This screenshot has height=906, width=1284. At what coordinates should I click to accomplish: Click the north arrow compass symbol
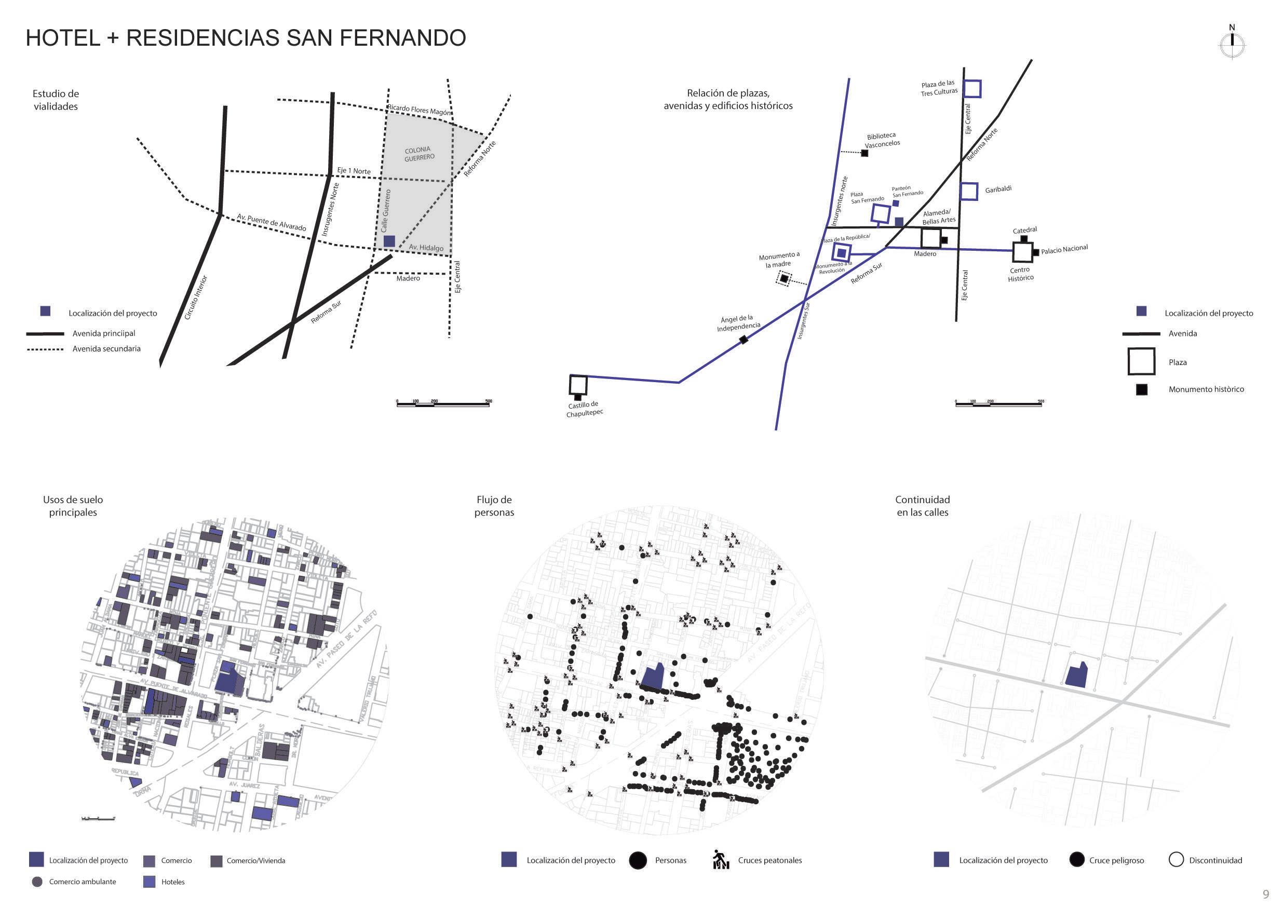click(x=1232, y=45)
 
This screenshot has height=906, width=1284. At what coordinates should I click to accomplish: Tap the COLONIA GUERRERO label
click(x=419, y=154)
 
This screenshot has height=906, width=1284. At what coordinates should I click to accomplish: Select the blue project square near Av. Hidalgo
click(x=389, y=241)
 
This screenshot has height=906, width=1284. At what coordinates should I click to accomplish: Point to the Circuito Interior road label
click(x=196, y=297)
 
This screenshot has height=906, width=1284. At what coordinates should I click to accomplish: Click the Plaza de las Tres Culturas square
click(x=972, y=89)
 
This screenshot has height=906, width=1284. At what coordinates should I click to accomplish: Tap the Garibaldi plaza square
click(x=969, y=191)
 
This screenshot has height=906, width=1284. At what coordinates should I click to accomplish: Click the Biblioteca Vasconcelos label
click(x=882, y=140)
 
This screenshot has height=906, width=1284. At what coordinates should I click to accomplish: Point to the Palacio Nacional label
click(x=1064, y=249)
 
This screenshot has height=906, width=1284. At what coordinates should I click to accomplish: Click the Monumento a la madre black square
click(x=784, y=278)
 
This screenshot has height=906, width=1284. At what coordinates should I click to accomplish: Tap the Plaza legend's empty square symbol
click(x=1141, y=361)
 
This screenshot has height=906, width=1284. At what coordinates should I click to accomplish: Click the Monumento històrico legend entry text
click(x=1206, y=389)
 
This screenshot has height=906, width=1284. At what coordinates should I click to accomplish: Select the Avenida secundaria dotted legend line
click(x=45, y=349)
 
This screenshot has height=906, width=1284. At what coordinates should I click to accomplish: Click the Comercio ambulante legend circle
click(x=37, y=882)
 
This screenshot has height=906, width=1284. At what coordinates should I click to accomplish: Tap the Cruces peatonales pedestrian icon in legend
click(x=720, y=860)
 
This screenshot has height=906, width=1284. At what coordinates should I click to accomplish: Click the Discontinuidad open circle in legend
click(x=1175, y=860)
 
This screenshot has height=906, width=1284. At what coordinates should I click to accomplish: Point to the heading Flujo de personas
click(x=494, y=506)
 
